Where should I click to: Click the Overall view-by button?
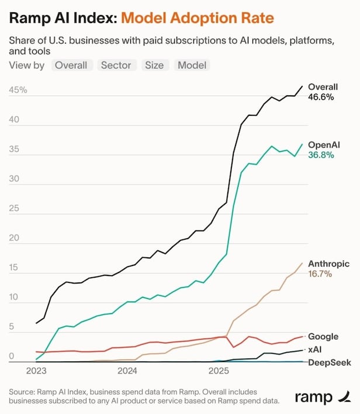coord(71,65)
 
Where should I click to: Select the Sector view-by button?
coord(116,65)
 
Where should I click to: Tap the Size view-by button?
coord(154,65)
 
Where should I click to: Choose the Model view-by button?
coord(192,65)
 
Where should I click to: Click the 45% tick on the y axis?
coord(18,91)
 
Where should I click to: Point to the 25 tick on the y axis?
coord(14,209)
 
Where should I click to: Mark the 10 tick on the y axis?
coord(14,298)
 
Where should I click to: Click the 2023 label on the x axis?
coord(37,371)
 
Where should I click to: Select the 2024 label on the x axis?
coord(127,371)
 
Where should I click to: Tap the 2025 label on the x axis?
coord(219,371)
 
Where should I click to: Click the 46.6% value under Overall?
coord(321,97)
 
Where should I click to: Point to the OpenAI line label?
coord(324,144)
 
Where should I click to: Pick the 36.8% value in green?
coord(321,155)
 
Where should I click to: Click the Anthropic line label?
coord(328,263)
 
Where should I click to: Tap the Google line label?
coord(323,336)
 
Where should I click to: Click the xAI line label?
coord(316,349)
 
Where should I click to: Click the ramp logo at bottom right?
coord(322,397)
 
